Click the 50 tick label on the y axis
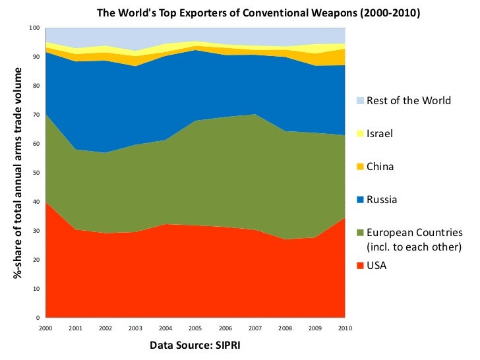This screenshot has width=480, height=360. tap(37, 173)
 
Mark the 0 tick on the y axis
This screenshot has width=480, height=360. tap(39, 318)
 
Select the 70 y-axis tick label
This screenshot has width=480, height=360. tap(37, 115)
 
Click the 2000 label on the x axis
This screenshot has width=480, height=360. tap(46, 328)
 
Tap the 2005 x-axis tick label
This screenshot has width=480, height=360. tap(196, 328)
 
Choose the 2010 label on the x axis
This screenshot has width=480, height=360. tap(345, 328)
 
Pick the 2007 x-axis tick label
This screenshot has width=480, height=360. tap(255, 328)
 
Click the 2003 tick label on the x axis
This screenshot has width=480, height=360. tap(136, 328)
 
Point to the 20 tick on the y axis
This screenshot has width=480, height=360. tap(37, 260)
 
